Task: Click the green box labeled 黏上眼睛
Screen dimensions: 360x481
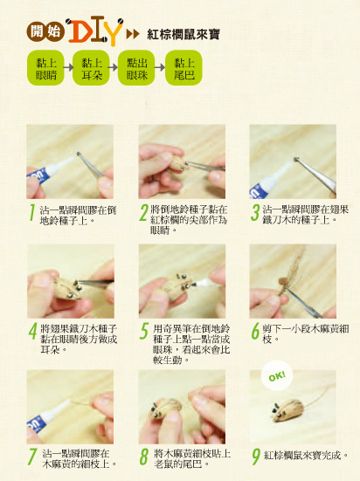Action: coord(45,68)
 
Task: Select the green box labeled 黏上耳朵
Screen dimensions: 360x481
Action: coord(91,68)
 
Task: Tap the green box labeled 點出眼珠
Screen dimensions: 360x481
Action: coord(136,68)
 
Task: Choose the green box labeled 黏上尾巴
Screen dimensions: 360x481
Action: coord(183,68)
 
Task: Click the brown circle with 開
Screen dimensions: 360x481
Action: coord(36,31)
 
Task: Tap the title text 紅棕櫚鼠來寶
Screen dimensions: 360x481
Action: coord(183,34)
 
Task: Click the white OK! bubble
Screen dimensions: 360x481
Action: coord(277,375)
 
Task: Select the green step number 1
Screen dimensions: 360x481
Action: coord(31,212)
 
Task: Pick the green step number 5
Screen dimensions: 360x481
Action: coord(144,331)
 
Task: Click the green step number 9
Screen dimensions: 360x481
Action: coord(255,457)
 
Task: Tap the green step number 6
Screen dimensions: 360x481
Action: coord(255,331)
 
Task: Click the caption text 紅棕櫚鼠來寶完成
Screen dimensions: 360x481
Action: coord(306,456)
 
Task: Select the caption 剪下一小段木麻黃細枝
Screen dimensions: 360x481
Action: coord(305,334)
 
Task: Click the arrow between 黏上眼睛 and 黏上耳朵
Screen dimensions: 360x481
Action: coord(68,67)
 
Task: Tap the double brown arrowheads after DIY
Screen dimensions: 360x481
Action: coord(134,34)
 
